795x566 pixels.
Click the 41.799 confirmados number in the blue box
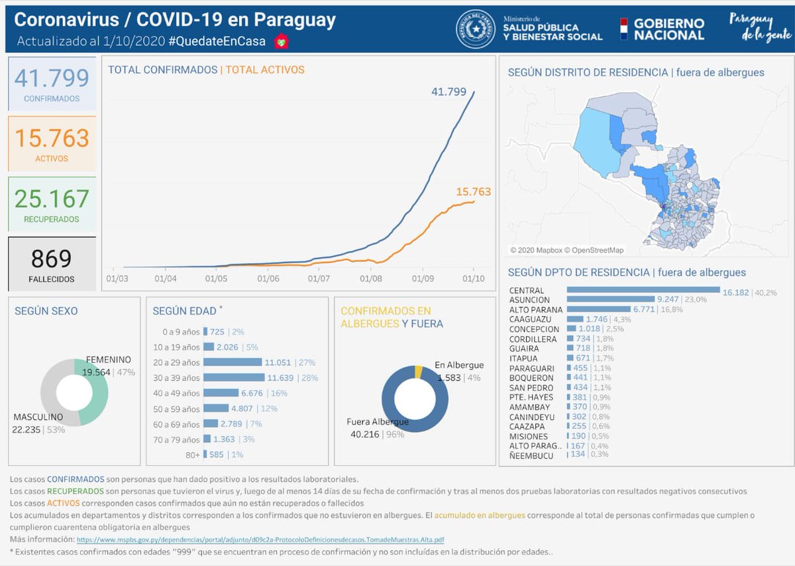point(52,78)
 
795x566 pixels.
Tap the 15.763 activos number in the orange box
point(52,139)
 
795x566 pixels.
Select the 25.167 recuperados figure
point(52,199)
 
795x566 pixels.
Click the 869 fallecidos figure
point(52,258)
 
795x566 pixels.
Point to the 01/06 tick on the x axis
point(268,279)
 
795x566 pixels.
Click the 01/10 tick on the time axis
point(473,279)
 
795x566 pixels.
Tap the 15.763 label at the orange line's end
point(473,192)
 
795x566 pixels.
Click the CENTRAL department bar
point(643,290)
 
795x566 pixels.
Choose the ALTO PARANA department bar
point(599,309)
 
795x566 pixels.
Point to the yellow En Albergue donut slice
point(418,372)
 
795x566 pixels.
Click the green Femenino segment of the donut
point(94,391)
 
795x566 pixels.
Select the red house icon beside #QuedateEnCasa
point(282,41)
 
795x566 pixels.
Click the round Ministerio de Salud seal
point(475,29)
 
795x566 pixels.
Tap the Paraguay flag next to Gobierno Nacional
point(623,29)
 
